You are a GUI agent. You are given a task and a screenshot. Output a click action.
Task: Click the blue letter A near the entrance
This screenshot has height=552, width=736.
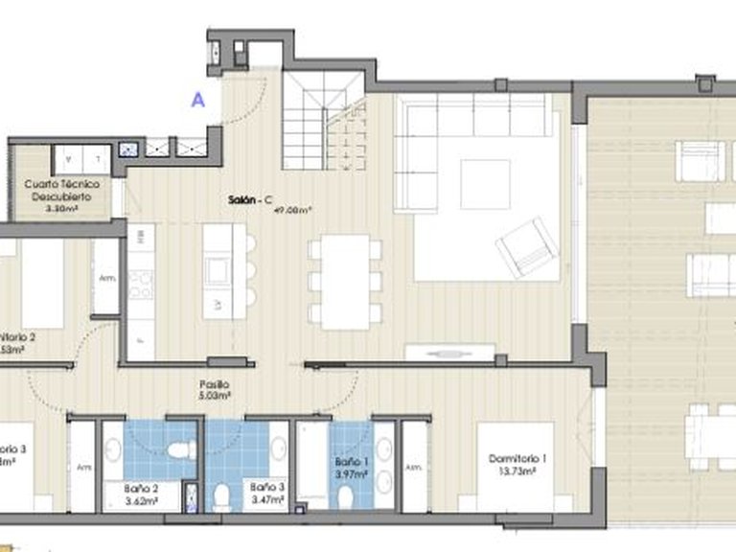click(199, 99)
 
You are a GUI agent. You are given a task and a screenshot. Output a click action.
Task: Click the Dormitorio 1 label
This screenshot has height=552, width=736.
click(517, 459)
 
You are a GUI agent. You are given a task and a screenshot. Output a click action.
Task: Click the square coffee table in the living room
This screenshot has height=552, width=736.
click(485, 184)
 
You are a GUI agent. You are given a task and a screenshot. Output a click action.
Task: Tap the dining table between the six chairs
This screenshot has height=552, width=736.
click(345, 282)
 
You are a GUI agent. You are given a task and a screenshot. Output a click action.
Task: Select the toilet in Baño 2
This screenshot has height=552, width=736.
click(179, 449)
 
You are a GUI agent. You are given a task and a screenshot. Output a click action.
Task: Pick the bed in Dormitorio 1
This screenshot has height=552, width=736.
click(516, 466)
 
